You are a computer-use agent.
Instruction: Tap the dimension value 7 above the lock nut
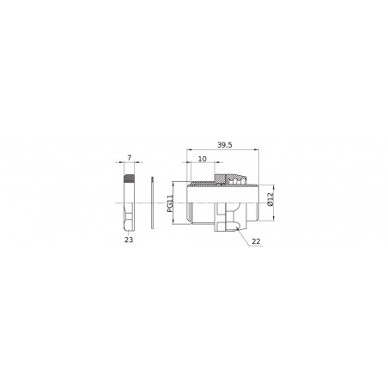point(130,158)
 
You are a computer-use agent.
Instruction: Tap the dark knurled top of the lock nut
point(130,180)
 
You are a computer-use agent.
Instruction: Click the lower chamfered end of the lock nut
point(130,227)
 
